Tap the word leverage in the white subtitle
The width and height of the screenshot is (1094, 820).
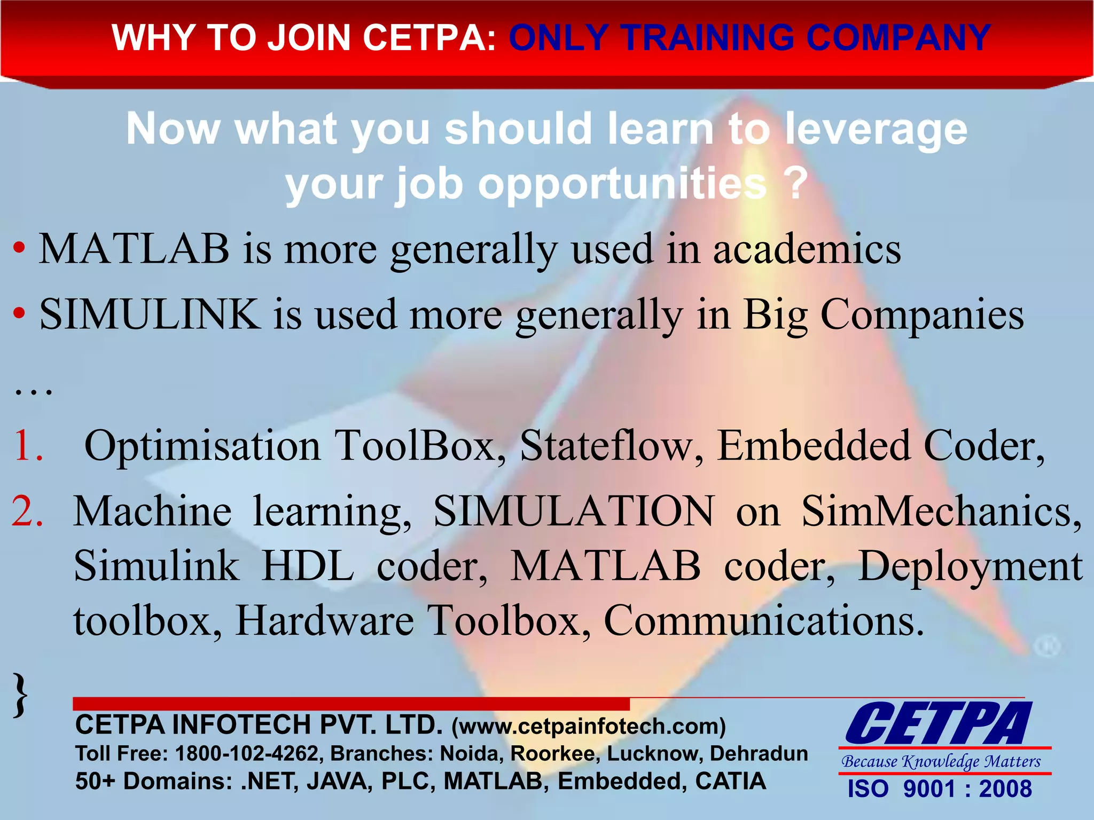pyautogui.click(x=876, y=130)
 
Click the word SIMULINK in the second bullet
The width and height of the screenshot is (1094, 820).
pyautogui.click(x=150, y=314)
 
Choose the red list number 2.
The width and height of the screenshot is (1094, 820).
pyautogui.click(x=27, y=511)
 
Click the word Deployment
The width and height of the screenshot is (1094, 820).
pyautogui.click(x=970, y=567)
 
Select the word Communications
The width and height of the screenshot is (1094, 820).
pyautogui.click(x=764, y=620)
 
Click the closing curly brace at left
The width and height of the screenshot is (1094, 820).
pyautogui.click(x=20, y=695)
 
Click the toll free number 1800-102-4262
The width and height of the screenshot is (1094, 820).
pyautogui.click(x=247, y=753)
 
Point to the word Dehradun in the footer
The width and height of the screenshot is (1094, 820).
pyautogui.click(x=759, y=753)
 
